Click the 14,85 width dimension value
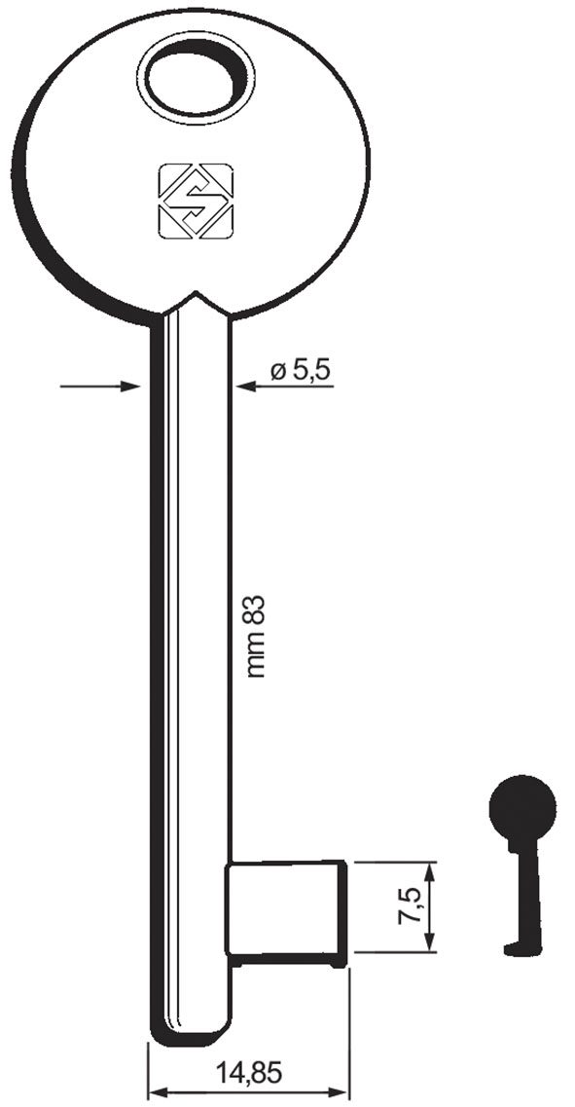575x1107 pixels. pos(248,1073)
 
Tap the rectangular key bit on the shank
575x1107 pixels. pos(286,910)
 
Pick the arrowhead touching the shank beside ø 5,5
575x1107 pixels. pos(244,387)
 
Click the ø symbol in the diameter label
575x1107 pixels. pos(277,371)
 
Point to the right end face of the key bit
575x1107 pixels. pos(344,911)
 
